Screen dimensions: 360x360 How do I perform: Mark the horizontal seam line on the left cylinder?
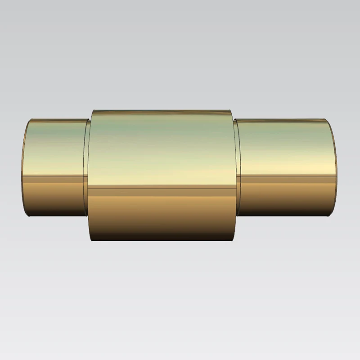pyautogui.click(x=54, y=176)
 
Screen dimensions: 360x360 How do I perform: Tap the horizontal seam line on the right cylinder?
pyautogui.click(x=288, y=176)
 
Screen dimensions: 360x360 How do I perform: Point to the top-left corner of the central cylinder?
pyautogui.click(x=92, y=111)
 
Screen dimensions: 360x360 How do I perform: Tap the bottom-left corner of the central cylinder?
pyautogui.click(x=91, y=240)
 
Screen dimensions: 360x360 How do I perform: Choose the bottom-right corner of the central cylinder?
pyautogui.click(x=233, y=240)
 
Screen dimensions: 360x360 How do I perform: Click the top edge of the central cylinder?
pyautogui.click(x=162, y=110)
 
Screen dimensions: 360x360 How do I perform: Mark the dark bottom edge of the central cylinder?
pyautogui.click(x=162, y=240)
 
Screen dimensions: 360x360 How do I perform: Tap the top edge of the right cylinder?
pyautogui.click(x=283, y=119)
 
